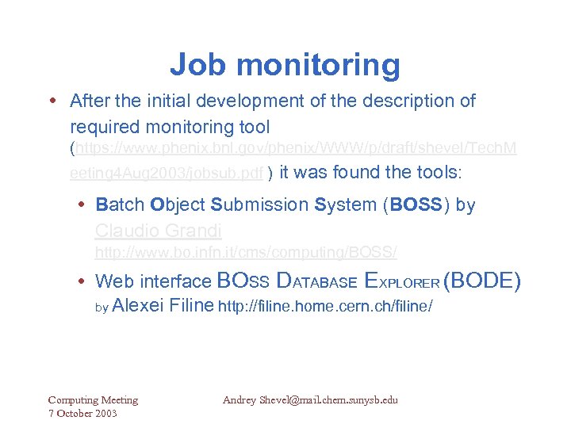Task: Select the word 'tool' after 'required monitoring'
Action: (252, 127)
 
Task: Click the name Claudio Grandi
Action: (158, 231)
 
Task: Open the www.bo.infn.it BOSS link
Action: (246, 253)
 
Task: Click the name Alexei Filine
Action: (163, 305)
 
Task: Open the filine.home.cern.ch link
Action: (324, 306)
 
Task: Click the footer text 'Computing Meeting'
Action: (93, 400)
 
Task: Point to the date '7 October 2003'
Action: (82, 413)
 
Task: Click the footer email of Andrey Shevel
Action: (310, 400)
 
